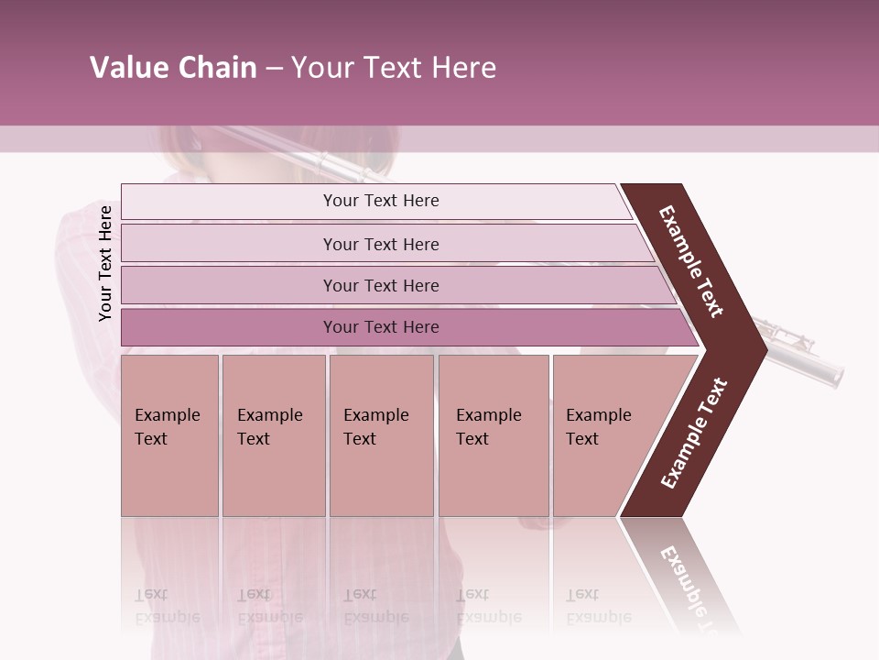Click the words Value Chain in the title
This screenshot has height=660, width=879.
click(x=173, y=68)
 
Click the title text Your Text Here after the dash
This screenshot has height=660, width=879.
click(x=394, y=68)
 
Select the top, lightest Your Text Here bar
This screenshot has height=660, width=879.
click(x=381, y=201)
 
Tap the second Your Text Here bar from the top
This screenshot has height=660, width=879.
click(x=381, y=244)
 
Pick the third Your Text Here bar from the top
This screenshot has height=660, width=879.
click(x=381, y=285)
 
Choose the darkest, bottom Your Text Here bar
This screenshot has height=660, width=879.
click(x=381, y=327)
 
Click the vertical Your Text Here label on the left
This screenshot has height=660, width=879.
click(x=105, y=263)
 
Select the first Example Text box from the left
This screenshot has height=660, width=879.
click(x=169, y=434)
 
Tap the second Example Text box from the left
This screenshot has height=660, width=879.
click(x=273, y=434)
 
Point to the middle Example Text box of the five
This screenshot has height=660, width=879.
click(x=381, y=434)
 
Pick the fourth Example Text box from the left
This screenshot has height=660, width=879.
click(x=493, y=434)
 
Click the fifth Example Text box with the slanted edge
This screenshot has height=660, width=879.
click(x=604, y=434)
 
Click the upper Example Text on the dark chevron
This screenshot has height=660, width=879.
click(x=692, y=260)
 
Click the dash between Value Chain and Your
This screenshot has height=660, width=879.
click(x=274, y=69)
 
